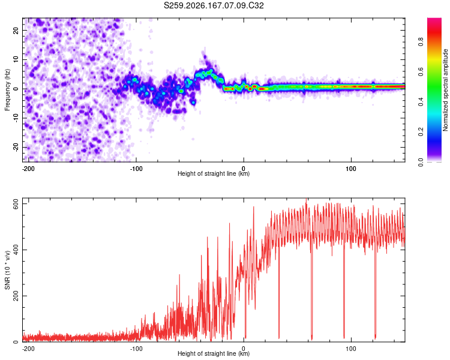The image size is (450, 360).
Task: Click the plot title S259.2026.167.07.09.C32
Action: (214, 5)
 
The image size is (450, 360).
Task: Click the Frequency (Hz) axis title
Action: (7, 90)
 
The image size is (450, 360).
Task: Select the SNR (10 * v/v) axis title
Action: (7, 270)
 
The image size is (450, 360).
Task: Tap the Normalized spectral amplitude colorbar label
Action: (445, 90)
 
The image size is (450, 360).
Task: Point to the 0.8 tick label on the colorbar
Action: (421, 42)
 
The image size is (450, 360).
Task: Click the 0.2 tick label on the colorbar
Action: (421, 132)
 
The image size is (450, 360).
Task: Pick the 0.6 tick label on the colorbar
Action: (421, 72)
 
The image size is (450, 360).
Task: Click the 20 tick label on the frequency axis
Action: (16, 30)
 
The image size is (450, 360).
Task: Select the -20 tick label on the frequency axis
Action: (16, 148)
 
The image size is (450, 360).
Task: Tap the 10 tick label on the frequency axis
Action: (16, 59)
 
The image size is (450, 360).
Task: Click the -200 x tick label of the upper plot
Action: (28, 169)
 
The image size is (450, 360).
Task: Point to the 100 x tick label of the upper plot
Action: (351, 169)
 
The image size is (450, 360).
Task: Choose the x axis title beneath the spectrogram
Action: (214, 173)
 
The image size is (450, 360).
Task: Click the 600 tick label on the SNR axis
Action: (16, 204)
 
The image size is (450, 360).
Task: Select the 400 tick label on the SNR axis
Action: (16, 250)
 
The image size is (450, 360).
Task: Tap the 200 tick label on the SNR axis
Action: (16, 296)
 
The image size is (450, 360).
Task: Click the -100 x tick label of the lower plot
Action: (136, 349)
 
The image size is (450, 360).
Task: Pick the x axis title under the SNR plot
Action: (214, 353)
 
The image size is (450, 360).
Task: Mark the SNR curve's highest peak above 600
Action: (306, 199)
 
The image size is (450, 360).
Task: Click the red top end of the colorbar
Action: (434, 19)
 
